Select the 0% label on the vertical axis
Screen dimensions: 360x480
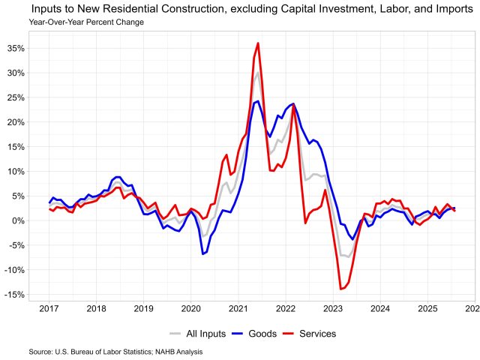click(x=18, y=220)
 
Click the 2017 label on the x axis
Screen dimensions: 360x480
click(x=49, y=308)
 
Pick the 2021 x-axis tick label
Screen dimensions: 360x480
click(x=238, y=308)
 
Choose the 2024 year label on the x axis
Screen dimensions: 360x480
click(x=380, y=308)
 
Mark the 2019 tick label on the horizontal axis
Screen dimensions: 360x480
click(x=143, y=308)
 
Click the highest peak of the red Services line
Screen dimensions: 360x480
click(x=258, y=43)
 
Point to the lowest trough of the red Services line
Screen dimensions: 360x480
click(x=340, y=289)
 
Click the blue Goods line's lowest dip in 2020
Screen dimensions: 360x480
click(x=202, y=254)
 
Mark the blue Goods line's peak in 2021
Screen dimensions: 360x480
click(x=258, y=101)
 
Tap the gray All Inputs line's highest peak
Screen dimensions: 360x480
click(x=258, y=72)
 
